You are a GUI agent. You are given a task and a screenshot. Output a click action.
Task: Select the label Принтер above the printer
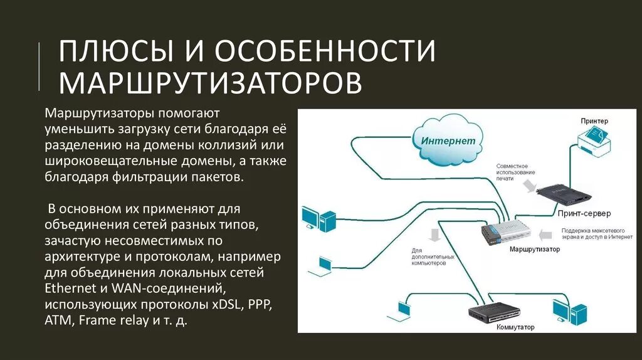(594, 120)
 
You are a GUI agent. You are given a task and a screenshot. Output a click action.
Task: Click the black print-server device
(566, 195)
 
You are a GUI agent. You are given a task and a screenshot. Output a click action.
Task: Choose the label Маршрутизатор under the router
(535, 250)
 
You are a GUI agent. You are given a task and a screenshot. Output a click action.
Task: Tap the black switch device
(495, 312)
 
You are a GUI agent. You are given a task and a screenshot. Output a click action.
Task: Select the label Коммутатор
(515, 327)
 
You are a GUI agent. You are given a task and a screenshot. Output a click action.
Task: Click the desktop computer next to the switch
(569, 312)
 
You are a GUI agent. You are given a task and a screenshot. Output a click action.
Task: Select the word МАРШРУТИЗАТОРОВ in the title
(210, 83)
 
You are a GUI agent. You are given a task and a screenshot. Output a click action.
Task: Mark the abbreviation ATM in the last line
(58, 321)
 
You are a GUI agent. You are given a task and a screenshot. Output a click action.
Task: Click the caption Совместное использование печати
(515, 171)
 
